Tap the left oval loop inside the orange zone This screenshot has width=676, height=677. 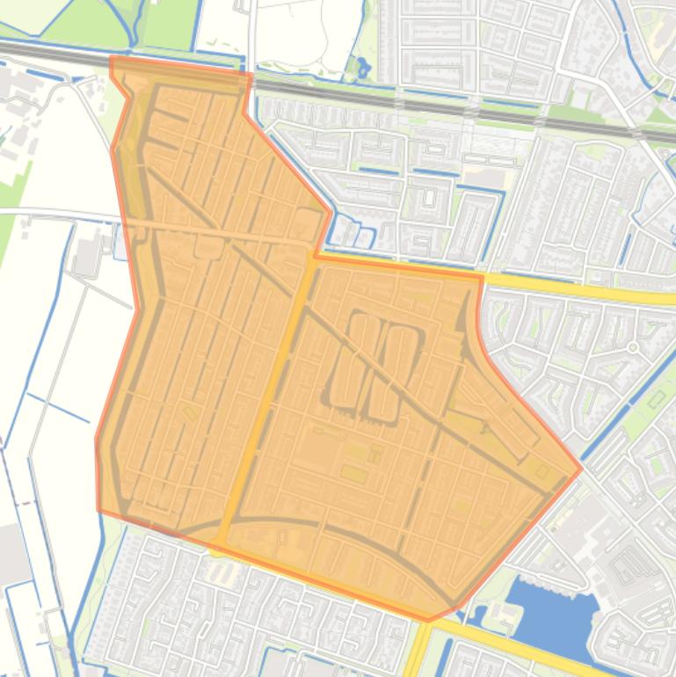tap(349, 360)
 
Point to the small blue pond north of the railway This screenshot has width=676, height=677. tap(360, 66)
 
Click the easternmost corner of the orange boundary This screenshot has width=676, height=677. tap(581, 469)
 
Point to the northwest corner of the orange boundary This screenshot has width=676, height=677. tap(112, 58)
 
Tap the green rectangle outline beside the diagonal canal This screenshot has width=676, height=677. tap(657, 400)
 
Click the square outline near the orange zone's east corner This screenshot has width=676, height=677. tap(542, 473)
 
